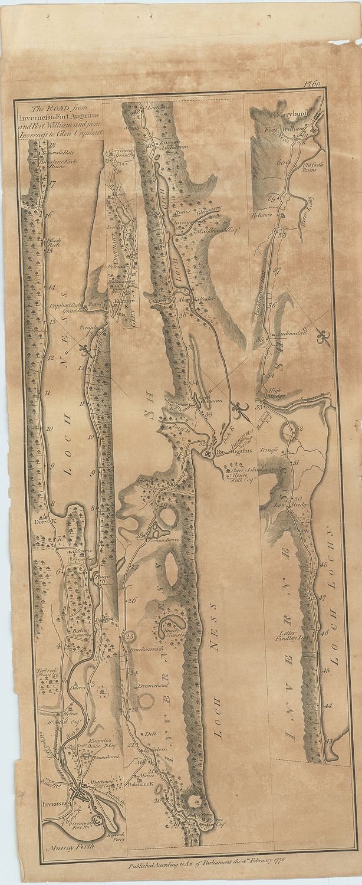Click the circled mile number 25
[x=130, y=635]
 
